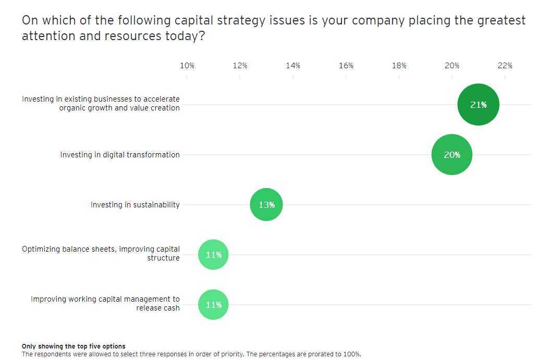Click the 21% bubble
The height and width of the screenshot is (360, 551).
[x=478, y=105]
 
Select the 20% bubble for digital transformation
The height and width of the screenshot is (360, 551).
[x=452, y=155]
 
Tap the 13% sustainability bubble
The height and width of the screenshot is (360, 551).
[x=266, y=205]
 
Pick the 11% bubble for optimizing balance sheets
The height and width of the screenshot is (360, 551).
[x=213, y=255]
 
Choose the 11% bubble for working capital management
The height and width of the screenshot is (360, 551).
[x=213, y=305]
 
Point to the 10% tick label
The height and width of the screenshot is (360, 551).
[x=187, y=66]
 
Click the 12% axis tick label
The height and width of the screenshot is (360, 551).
[x=240, y=66]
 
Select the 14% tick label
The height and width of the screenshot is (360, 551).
[x=293, y=66]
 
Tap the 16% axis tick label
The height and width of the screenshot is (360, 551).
[x=346, y=66]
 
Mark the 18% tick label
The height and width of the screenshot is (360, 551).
[x=399, y=66]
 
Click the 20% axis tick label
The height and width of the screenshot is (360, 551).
[x=452, y=66]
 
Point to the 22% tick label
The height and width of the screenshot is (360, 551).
[x=505, y=66]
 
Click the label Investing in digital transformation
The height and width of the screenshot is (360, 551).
[x=120, y=155]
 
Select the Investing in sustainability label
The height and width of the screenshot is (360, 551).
[x=135, y=205]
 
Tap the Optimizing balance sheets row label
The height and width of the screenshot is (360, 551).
[x=101, y=254]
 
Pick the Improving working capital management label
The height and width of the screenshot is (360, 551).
[x=105, y=303]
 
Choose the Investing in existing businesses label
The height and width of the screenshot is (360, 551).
[x=101, y=104]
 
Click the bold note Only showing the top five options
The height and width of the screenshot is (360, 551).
[x=74, y=346]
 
